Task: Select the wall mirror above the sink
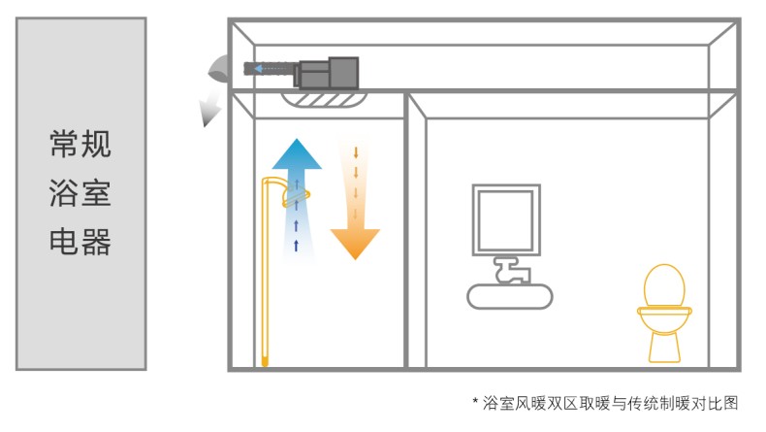point(503,219)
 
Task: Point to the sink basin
point(510,294)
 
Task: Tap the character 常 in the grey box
point(64,146)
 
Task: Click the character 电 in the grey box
point(64,241)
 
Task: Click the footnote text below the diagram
point(611,402)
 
